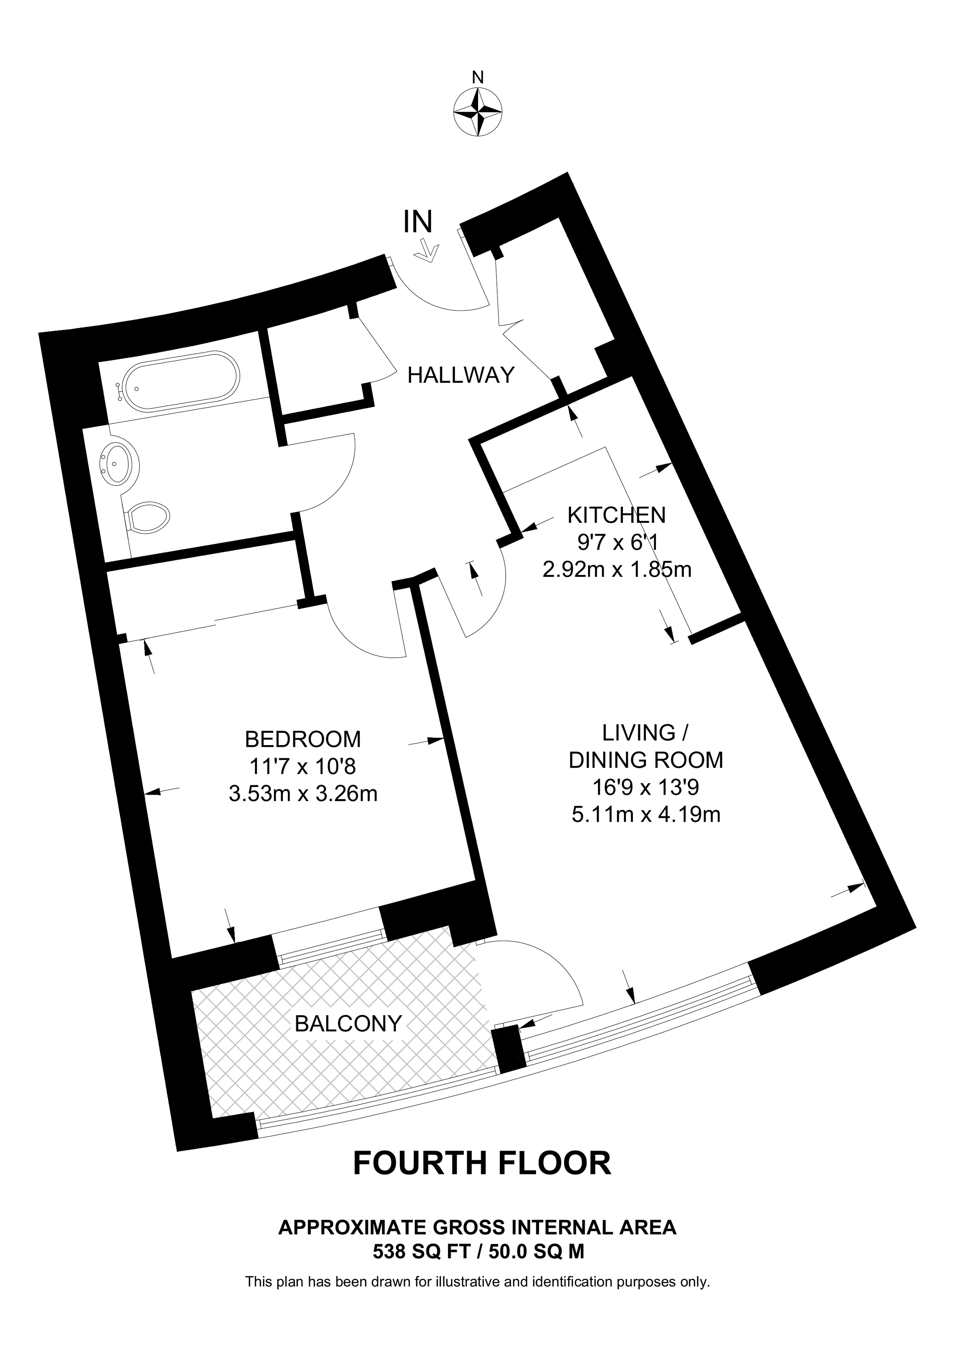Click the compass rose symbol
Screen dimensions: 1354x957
[478, 112]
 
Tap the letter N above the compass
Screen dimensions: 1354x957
[478, 77]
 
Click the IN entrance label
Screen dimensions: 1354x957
[418, 222]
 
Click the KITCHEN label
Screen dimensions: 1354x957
[616, 515]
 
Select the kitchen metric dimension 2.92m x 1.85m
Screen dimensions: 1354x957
[617, 570]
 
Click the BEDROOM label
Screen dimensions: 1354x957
[302, 739]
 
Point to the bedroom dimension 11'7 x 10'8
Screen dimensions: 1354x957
[302, 767]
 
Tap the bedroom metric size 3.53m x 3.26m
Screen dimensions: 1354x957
[302, 794]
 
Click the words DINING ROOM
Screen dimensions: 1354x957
[646, 760]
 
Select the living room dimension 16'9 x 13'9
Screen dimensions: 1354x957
[646, 787]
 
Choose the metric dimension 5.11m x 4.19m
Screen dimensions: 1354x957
[646, 814]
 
